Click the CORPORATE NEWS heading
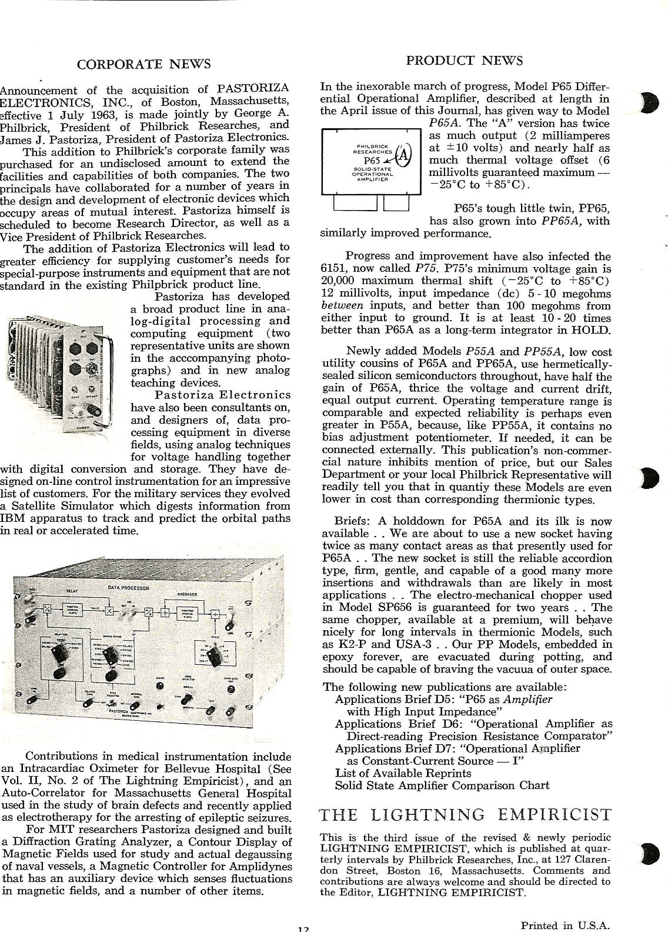[x=143, y=64]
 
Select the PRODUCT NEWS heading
[x=464, y=61]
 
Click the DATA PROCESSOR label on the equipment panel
[x=128, y=588]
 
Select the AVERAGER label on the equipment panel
[x=186, y=594]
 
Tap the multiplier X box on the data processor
[x=108, y=610]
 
